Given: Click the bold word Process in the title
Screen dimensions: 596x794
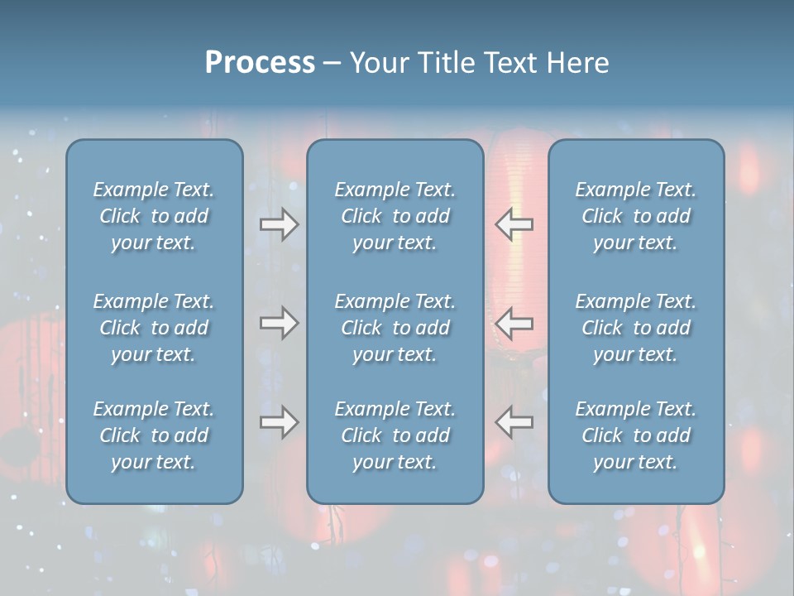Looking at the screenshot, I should (260, 63).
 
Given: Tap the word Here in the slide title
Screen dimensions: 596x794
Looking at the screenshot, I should (576, 63).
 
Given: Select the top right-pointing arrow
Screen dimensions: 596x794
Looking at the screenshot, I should (279, 224).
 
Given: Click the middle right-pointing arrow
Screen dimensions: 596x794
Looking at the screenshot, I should (279, 323).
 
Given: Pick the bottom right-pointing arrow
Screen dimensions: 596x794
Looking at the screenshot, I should (279, 422).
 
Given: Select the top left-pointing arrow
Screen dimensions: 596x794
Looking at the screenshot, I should (514, 224).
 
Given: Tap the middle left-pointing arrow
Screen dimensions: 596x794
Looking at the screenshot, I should (514, 323).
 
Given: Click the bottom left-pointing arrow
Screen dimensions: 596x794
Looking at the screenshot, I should (514, 422).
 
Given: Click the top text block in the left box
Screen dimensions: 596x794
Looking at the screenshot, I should (154, 216).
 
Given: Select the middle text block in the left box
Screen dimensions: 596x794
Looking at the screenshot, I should (154, 328).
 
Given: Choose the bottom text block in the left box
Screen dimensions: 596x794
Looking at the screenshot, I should (154, 435).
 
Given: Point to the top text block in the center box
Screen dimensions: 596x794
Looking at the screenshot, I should (395, 216).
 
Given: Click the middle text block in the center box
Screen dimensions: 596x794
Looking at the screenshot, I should (395, 328).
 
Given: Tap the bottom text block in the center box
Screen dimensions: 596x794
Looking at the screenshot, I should (395, 435).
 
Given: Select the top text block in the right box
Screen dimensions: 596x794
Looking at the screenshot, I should (635, 216).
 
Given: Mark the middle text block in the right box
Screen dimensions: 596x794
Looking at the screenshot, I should (635, 328).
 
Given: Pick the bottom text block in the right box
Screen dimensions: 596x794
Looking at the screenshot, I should (635, 435).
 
